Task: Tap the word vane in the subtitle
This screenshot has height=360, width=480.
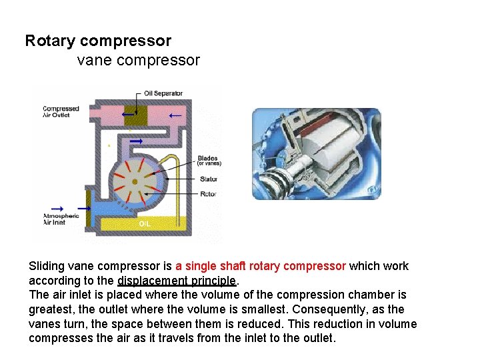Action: pos(92,61)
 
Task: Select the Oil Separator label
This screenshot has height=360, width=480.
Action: pos(163,93)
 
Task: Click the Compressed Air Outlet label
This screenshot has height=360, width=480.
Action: pos(61,112)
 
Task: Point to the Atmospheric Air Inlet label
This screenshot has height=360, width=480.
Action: pos(61,219)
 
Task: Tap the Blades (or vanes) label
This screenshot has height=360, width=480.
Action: pos(209,161)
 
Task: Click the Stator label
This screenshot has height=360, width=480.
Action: pos(208,179)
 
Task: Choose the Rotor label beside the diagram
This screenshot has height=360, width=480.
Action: pos(208,194)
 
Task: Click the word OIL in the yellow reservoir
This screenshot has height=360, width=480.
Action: pos(145,224)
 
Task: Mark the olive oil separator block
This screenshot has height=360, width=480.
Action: pos(135,115)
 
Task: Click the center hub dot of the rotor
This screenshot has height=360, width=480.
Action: pos(135,181)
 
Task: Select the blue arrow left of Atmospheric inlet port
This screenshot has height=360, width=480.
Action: pos(57,208)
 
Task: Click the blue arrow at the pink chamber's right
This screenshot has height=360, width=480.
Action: pos(175,115)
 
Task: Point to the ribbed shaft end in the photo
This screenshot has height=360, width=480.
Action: pos(273,181)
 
